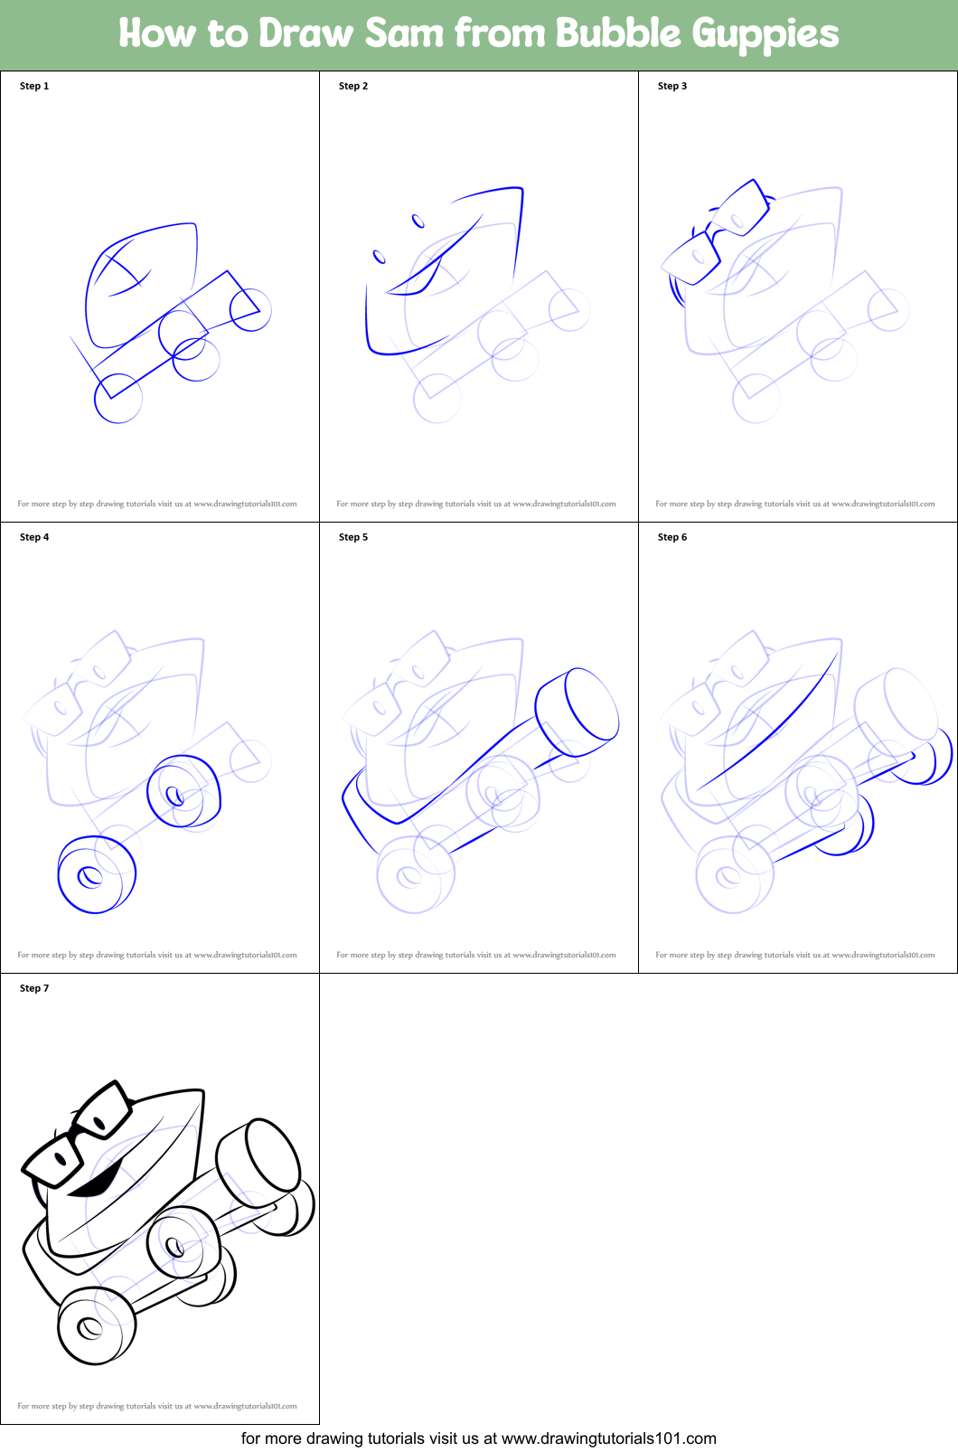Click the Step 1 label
(x=34, y=86)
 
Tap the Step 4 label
(x=34, y=537)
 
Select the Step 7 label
(x=34, y=988)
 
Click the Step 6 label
(x=672, y=537)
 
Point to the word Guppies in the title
(x=765, y=34)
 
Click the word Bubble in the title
(x=617, y=33)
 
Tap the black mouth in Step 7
(x=98, y=1182)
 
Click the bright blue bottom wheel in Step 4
(x=93, y=875)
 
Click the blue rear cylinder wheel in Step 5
(x=580, y=712)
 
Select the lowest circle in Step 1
(x=118, y=399)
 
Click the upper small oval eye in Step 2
(x=418, y=221)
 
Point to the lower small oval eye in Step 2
(x=380, y=258)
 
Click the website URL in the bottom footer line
(x=608, y=1438)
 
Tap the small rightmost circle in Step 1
(x=250, y=310)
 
